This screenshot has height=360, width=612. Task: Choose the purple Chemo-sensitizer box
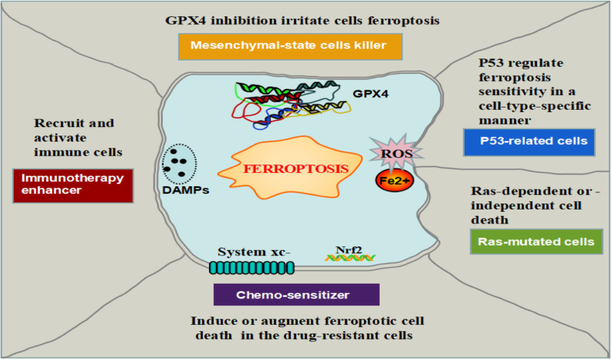pyautogui.click(x=296, y=295)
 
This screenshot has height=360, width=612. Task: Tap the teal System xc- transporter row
pyautogui.click(x=252, y=267)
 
